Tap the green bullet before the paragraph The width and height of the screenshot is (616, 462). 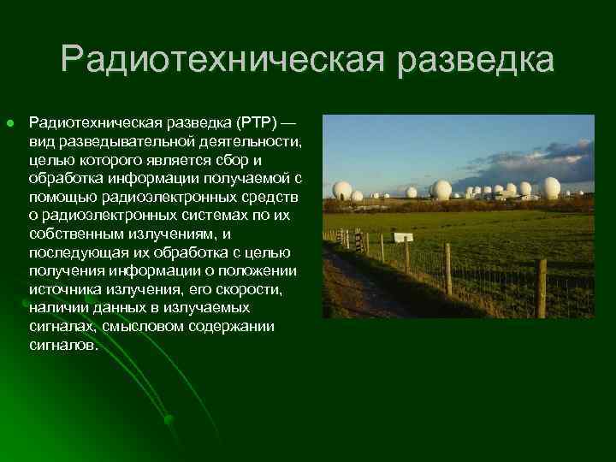(x=9, y=124)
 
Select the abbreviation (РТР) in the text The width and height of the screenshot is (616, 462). (x=247, y=124)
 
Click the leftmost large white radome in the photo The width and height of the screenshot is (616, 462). (x=341, y=191)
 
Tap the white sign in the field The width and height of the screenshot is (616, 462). (x=402, y=237)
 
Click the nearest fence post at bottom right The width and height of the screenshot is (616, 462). (x=540, y=287)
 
